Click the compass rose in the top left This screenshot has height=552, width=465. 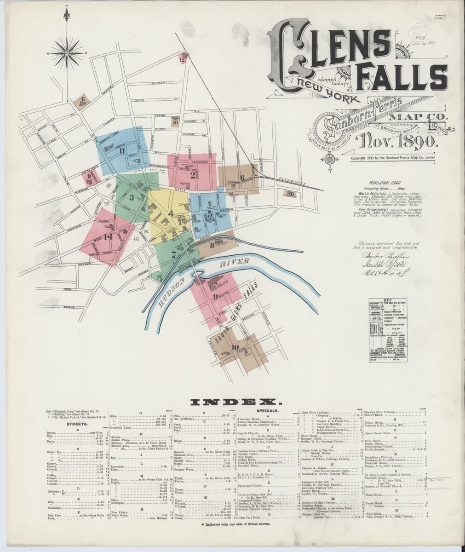(x=68, y=54)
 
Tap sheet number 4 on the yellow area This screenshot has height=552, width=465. (x=171, y=213)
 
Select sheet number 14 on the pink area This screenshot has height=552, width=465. (x=109, y=237)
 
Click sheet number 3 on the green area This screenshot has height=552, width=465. (x=132, y=198)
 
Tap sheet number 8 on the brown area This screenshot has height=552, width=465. (x=212, y=245)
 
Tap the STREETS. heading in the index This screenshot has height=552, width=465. (x=77, y=424)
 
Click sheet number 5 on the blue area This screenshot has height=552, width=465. (x=210, y=214)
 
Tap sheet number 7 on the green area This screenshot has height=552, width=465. (x=173, y=253)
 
